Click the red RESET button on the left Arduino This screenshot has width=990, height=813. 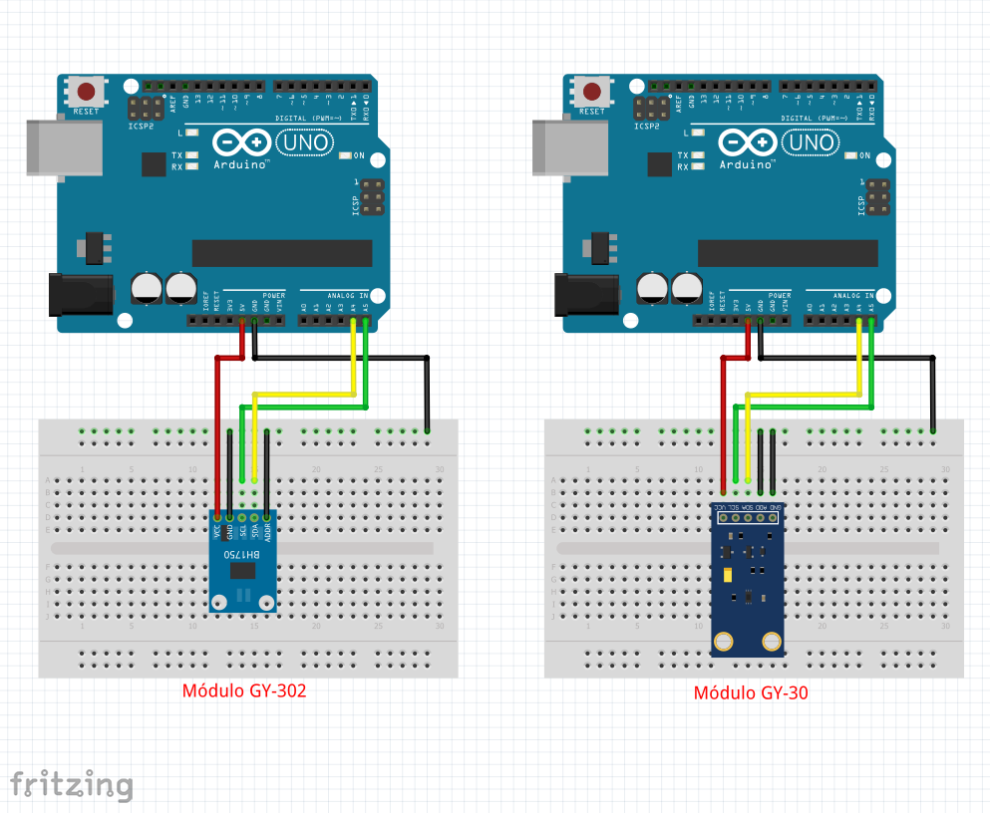coord(86,93)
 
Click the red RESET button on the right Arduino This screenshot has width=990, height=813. coord(592,93)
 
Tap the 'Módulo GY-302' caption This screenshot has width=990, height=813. coord(243,690)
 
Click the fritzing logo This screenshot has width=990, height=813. coord(71,784)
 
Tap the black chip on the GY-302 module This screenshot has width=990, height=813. coord(242,570)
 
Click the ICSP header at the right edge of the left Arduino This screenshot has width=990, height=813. coord(373,197)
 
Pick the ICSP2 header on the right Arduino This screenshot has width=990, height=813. coord(652,109)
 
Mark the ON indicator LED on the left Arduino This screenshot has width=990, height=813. coord(346,155)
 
